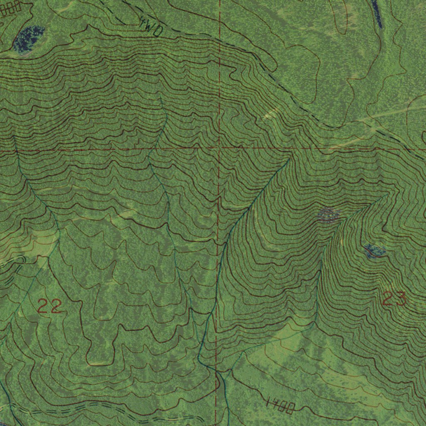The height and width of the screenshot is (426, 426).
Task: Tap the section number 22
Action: (50, 306)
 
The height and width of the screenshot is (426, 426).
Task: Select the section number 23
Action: (394, 299)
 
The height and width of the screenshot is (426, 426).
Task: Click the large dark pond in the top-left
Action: (29, 39)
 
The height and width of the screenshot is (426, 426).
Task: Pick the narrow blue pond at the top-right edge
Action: (377, 13)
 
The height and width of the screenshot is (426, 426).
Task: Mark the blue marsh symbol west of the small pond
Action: (329, 214)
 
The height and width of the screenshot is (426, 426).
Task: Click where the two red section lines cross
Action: (219, 148)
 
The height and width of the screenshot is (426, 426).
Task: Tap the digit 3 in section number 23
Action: (400, 299)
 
